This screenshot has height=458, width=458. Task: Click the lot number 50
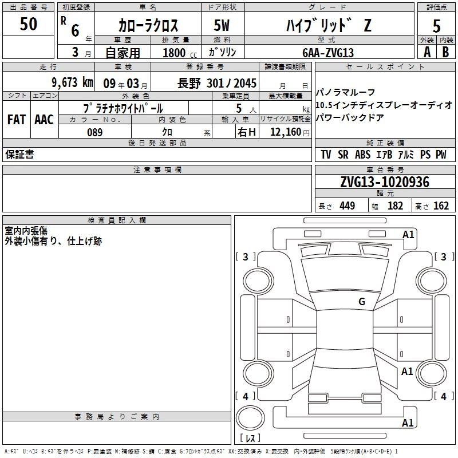(x=28, y=24)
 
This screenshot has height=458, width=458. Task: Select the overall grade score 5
(x=436, y=26)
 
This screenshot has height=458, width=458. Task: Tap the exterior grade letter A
(x=427, y=52)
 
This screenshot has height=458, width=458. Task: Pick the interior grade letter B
(x=445, y=52)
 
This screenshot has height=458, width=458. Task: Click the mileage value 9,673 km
(x=73, y=82)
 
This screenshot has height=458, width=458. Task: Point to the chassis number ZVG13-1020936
(x=385, y=182)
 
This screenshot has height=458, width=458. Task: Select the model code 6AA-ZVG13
(x=328, y=53)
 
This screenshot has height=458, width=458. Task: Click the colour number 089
(x=95, y=132)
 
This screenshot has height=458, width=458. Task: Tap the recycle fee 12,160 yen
(x=290, y=132)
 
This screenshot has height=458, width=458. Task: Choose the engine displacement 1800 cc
(x=180, y=53)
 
